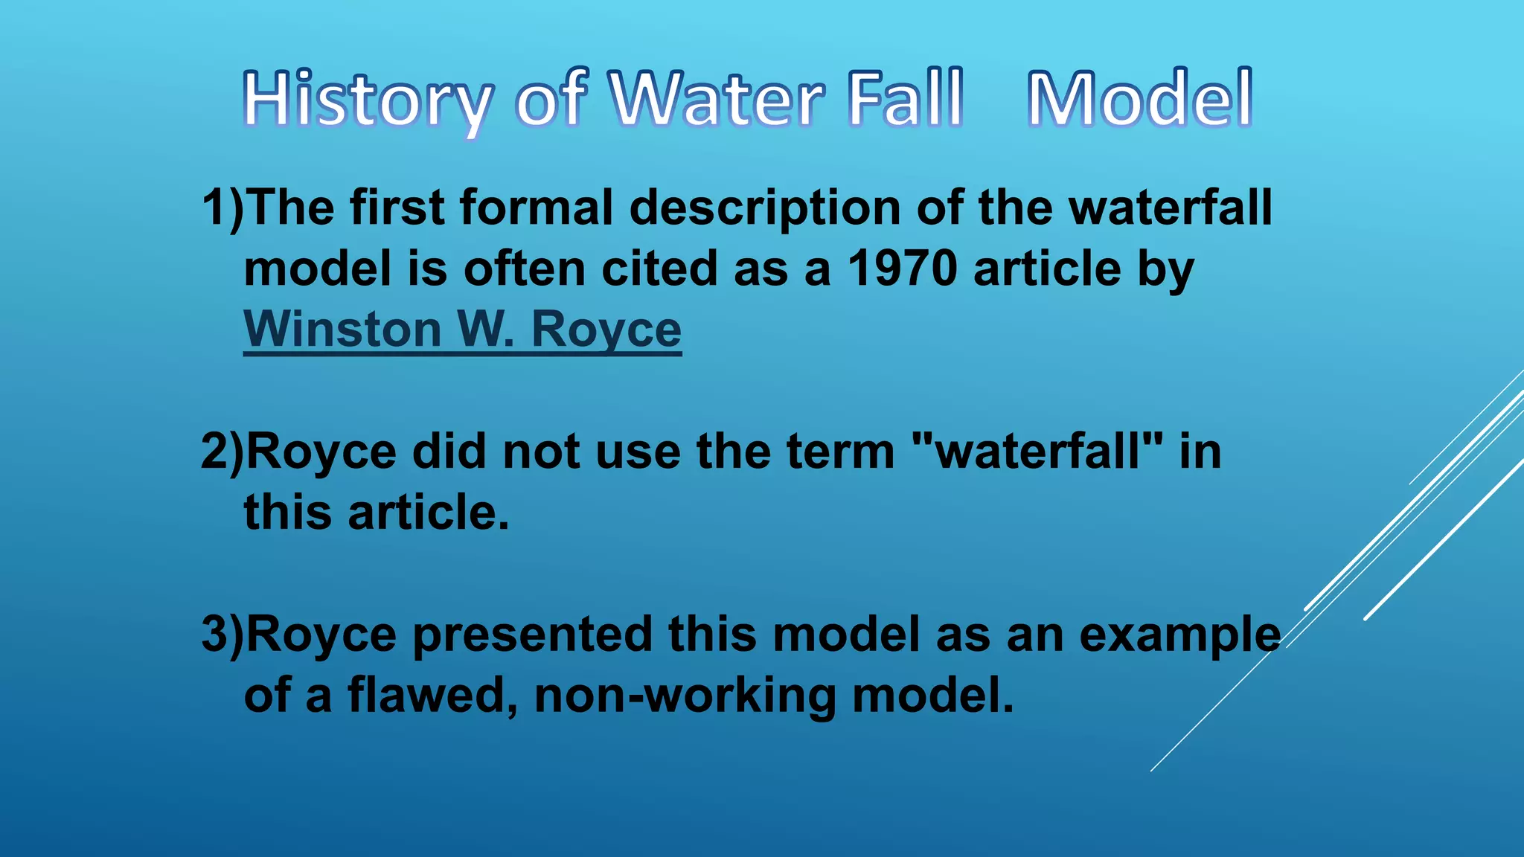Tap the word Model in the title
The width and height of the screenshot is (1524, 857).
1139,98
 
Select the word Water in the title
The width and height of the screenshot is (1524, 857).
718,98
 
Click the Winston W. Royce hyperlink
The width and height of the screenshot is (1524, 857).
462,329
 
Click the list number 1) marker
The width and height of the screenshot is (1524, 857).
222,207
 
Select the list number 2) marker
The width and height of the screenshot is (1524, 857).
222,451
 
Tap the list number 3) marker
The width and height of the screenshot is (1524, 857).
222,634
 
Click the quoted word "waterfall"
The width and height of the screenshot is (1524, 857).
1037,451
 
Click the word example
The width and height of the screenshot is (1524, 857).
1180,635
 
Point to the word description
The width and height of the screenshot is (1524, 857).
765,208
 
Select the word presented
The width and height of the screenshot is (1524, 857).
531,634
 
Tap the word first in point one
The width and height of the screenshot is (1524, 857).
397,207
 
